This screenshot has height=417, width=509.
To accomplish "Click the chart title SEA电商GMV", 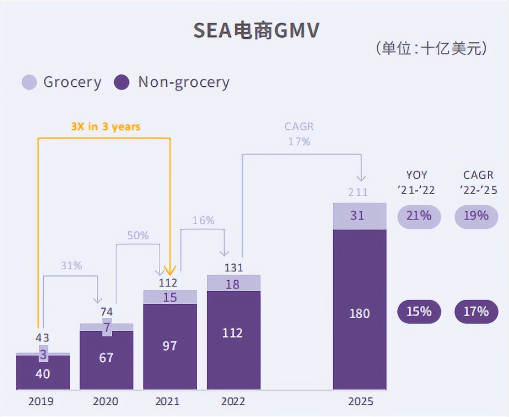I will [x=256, y=31].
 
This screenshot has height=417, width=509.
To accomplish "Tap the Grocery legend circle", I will [x=29, y=82].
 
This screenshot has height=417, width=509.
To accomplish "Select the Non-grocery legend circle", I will [x=122, y=82].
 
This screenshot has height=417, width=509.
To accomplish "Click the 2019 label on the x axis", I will [x=41, y=401].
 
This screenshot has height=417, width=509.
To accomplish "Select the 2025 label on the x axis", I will [x=360, y=401].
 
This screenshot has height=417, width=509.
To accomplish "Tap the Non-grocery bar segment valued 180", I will [x=360, y=313].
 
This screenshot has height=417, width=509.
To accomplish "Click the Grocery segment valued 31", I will [x=360, y=216].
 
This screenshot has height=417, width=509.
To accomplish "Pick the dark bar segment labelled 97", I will [x=170, y=346].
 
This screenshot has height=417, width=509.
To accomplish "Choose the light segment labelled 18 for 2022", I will [x=233, y=284].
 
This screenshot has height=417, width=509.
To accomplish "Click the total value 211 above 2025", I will [x=358, y=193].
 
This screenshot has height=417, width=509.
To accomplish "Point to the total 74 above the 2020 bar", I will [x=106, y=312].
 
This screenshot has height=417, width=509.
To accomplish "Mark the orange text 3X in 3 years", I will [x=105, y=127].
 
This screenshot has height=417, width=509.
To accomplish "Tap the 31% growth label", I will [x=72, y=266].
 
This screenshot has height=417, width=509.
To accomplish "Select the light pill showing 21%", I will [x=419, y=216].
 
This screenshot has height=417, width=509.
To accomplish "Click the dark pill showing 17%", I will [x=476, y=311].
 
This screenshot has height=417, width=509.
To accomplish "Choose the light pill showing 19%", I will [x=476, y=216].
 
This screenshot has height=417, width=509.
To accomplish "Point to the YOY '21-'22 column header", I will [x=416, y=182].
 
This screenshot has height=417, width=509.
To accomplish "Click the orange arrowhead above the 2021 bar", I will [x=170, y=270].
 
